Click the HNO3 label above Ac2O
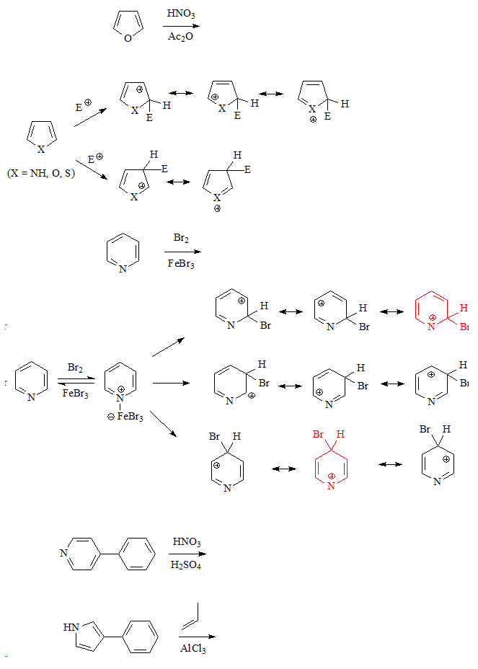180,13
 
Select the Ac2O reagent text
180,37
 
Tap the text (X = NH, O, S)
40,173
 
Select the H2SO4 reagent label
186,565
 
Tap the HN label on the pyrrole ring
71,627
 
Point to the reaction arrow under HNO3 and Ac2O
180,25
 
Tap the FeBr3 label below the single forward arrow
181,264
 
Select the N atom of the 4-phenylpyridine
63,554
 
